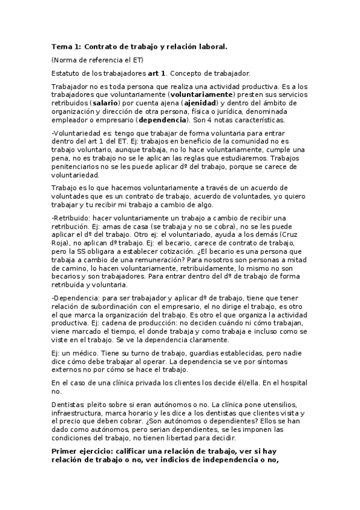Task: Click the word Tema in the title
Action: point(61,46)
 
